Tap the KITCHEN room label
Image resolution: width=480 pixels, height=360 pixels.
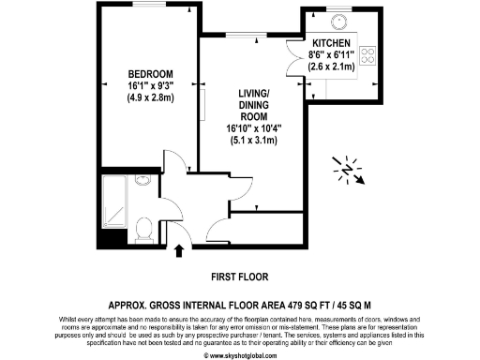click(331, 43)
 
